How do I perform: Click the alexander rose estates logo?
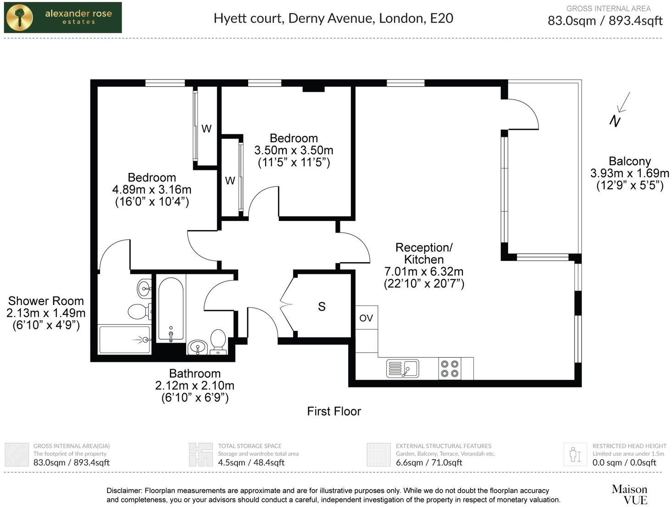tap(63, 17)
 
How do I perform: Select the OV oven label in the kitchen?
tap(366, 318)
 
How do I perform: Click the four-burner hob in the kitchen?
tap(450, 368)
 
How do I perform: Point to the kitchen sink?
tap(402, 368)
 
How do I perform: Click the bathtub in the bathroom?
tap(171, 309)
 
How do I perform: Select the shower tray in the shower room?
tap(125, 340)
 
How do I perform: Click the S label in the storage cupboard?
tap(322, 306)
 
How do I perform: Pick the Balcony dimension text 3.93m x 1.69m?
tap(629, 173)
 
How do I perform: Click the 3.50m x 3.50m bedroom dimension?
tap(294, 150)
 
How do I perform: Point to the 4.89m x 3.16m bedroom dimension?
tap(151, 189)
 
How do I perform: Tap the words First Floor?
tap(334, 411)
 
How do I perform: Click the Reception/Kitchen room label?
tap(424, 253)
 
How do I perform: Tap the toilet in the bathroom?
tap(218, 342)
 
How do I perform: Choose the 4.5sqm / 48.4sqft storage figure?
tap(251, 462)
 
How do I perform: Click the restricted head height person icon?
tap(575, 454)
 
